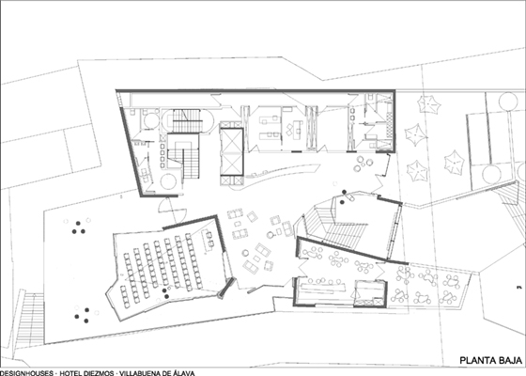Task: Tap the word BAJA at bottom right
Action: coord(511,361)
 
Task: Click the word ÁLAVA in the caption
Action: coord(183,373)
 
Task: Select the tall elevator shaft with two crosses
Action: coord(231,151)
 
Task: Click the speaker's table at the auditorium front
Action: coord(208,239)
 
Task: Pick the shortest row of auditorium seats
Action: coord(125,296)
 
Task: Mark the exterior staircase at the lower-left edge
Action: coord(30,320)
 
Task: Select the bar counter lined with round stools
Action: coord(323,287)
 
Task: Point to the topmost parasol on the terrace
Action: coord(428,104)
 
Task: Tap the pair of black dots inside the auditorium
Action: coord(165,293)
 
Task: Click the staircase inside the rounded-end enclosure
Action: coord(187,121)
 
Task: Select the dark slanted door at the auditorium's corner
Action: coord(226,288)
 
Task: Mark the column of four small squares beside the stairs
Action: coord(162,156)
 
